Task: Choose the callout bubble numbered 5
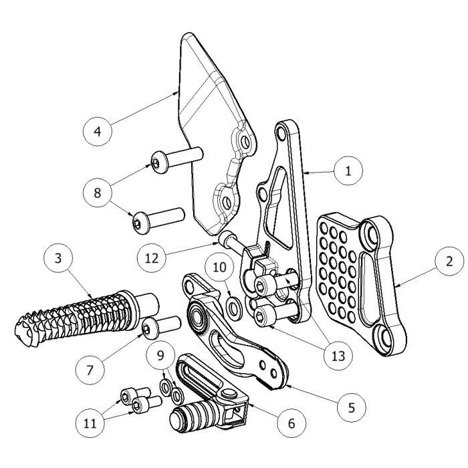(x=352, y=405)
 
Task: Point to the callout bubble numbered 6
(x=291, y=423)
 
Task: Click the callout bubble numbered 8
(x=98, y=193)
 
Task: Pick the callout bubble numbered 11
(x=90, y=423)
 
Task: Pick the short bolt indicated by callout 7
(x=160, y=326)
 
